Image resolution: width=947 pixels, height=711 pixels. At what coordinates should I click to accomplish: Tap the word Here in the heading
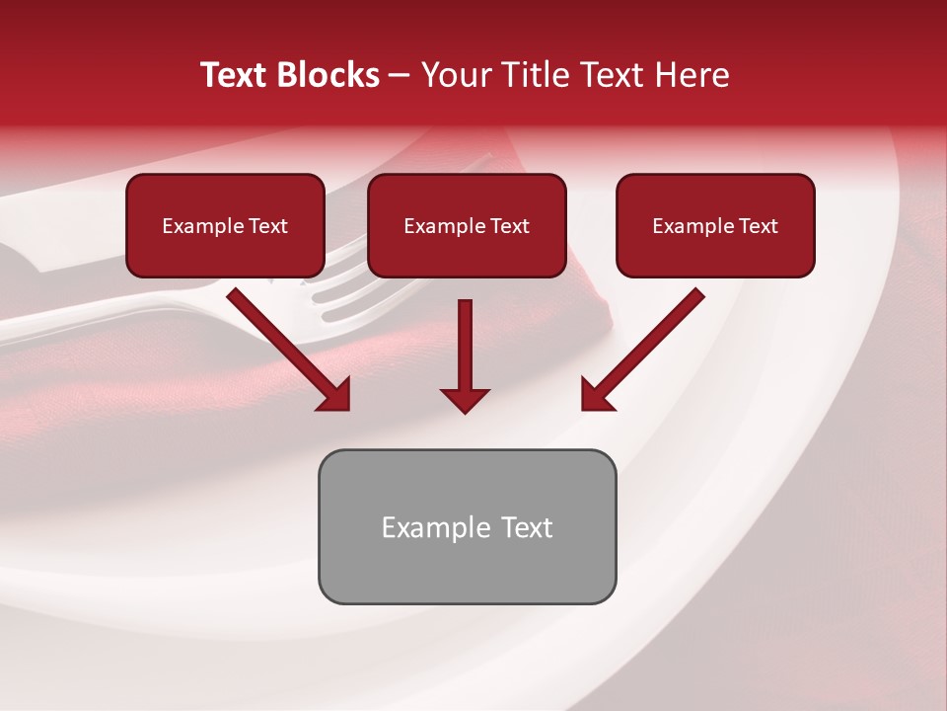pyautogui.click(x=692, y=75)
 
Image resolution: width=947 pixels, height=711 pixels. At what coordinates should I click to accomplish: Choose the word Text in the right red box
pyautogui.click(x=759, y=226)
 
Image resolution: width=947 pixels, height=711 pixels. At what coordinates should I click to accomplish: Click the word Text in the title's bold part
pyautogui.click(x=237, y=75)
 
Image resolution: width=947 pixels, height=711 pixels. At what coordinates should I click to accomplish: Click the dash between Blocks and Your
pyautogui.click(x=400, y=75)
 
